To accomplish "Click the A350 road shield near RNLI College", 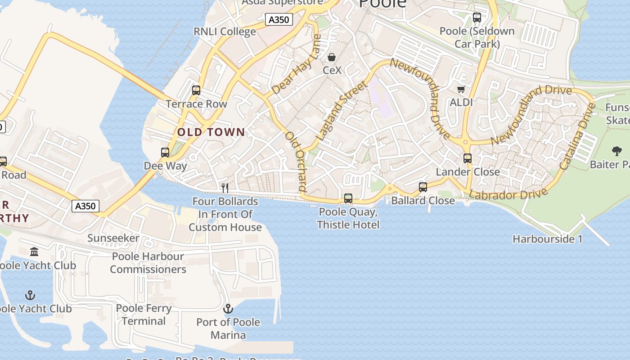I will (279, 20).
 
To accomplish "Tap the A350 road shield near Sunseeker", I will (85, 206).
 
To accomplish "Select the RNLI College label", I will (225, 31).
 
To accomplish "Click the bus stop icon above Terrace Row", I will (196, 90).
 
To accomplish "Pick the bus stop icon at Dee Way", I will (165, 153).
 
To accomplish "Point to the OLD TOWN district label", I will (211, 132).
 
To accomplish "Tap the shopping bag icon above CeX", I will (332, 57).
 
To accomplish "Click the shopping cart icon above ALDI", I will (461, 89).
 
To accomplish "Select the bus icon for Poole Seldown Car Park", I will (477, 18).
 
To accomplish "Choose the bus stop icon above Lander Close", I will (468, 158).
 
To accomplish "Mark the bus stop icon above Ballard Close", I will (423, 187).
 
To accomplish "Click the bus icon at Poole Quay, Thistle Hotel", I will (348, 198).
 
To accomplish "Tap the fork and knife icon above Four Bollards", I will (225, 188).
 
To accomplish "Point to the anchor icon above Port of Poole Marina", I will (228, 309).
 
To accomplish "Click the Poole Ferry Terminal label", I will (144, 315).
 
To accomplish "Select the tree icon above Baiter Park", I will (616, 151).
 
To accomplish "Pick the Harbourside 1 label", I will (547, 239).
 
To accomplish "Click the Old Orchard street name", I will (297, 162).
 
